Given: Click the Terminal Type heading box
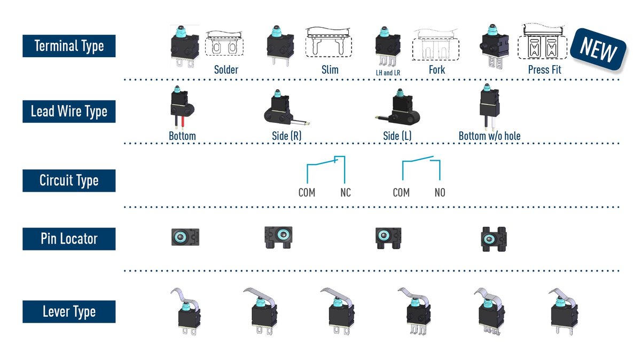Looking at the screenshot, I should [69, 46].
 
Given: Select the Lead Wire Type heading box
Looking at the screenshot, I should [69, 112].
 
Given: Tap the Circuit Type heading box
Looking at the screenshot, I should [69, 181].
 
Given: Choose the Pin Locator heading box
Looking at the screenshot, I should [69, 239].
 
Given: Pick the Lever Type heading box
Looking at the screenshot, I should [69, 312].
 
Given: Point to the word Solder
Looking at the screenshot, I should [226, 69].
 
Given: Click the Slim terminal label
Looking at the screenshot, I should [330, 69].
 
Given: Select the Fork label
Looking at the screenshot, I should [437, 69].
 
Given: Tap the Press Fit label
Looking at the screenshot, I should [545, 69].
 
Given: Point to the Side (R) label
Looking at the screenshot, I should [286, 136].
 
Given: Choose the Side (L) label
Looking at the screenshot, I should [397, 136].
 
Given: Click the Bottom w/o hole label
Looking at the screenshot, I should [489, 136].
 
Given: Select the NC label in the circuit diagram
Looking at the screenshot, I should [346, 193].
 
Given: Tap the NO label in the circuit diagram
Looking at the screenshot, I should [440, 193].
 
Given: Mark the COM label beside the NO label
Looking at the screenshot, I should [401, 193].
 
